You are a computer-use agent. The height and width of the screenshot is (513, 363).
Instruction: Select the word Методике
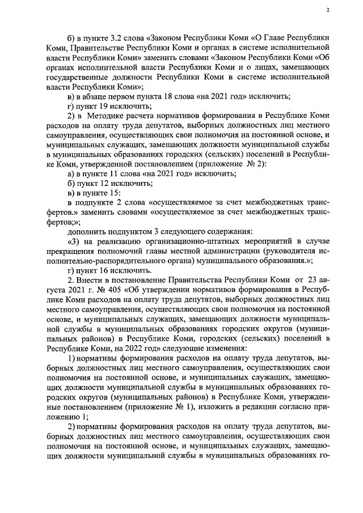104,116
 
